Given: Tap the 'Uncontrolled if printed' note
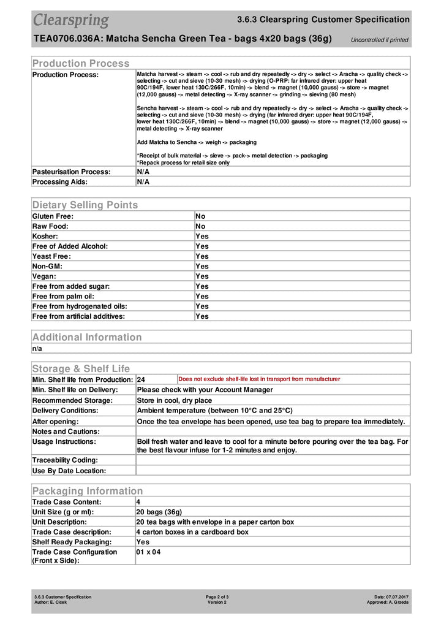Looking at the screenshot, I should [379, 40].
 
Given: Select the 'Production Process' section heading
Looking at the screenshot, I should [81, 63].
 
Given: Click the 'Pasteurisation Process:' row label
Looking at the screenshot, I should [71, 172].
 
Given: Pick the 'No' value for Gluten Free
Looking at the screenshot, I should [200, 216].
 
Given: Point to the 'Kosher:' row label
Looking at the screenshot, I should [45, 236].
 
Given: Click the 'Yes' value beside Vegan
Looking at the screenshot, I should [202, 276].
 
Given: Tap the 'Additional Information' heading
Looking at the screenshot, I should [86, 337].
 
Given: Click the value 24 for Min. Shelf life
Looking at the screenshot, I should [141, 379].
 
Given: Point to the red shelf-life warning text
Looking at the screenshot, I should [259, 379].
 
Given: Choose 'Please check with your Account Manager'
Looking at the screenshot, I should [205, 390].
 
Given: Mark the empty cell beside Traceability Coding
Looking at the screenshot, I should [273, 460].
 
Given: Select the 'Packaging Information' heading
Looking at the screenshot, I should [87, 491].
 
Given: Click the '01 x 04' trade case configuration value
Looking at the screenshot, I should [149, 552].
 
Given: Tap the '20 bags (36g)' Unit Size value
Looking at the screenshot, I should [159, 512].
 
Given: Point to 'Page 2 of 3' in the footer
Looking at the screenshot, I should [217, 597].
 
